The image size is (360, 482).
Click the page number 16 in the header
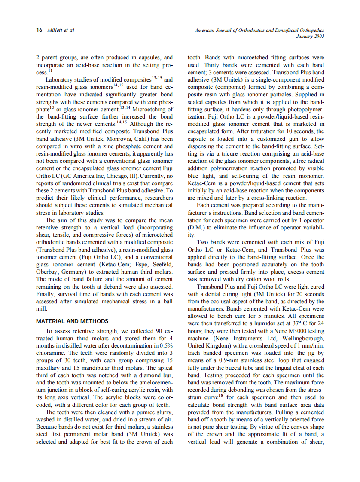tap(39, 30)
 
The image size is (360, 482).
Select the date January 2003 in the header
tap(310, 36)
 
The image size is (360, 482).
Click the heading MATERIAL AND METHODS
tap(72, 321)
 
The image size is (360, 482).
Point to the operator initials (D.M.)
tap(198, 227)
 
